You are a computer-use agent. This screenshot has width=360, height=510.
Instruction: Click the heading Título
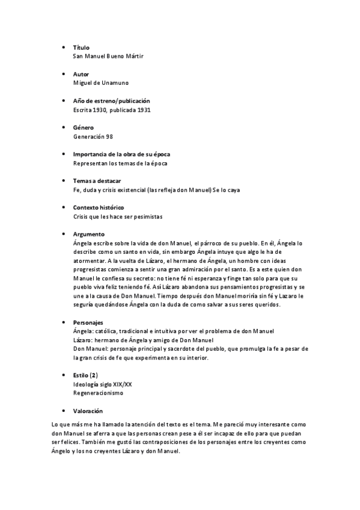click(81, 47)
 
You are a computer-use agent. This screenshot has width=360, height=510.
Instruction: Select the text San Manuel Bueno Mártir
click(108, 56)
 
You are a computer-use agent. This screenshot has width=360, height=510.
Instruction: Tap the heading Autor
click(81, 73)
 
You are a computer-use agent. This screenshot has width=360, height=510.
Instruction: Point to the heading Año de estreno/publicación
click(111, 100)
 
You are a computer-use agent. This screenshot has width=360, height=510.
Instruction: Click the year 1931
click(143, 109)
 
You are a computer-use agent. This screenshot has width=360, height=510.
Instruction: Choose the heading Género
click(84, 127)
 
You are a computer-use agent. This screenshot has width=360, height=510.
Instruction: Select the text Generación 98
click(93, 137)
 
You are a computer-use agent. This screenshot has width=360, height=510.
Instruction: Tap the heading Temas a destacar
click(96, 180)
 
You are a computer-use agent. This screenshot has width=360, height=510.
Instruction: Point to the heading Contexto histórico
click(98, 207)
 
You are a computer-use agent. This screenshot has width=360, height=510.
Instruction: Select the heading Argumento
click(88, 234)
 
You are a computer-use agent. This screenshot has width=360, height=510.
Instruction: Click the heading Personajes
click(88, 323)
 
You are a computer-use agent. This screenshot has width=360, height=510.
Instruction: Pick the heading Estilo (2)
click(85, 375)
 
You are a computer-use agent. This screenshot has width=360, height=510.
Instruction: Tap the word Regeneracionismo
click(98, 393)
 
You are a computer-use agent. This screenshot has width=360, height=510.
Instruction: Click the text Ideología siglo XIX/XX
click(102, 384)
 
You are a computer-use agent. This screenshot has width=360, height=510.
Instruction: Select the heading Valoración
click(88, 411)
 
